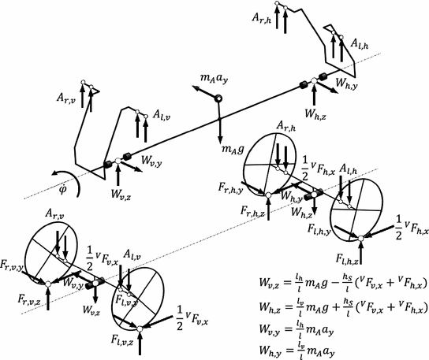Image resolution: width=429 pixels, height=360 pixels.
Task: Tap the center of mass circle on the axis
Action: click(x=220, y=98)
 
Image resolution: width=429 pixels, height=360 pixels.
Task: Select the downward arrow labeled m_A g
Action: click(x=220, y=118)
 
